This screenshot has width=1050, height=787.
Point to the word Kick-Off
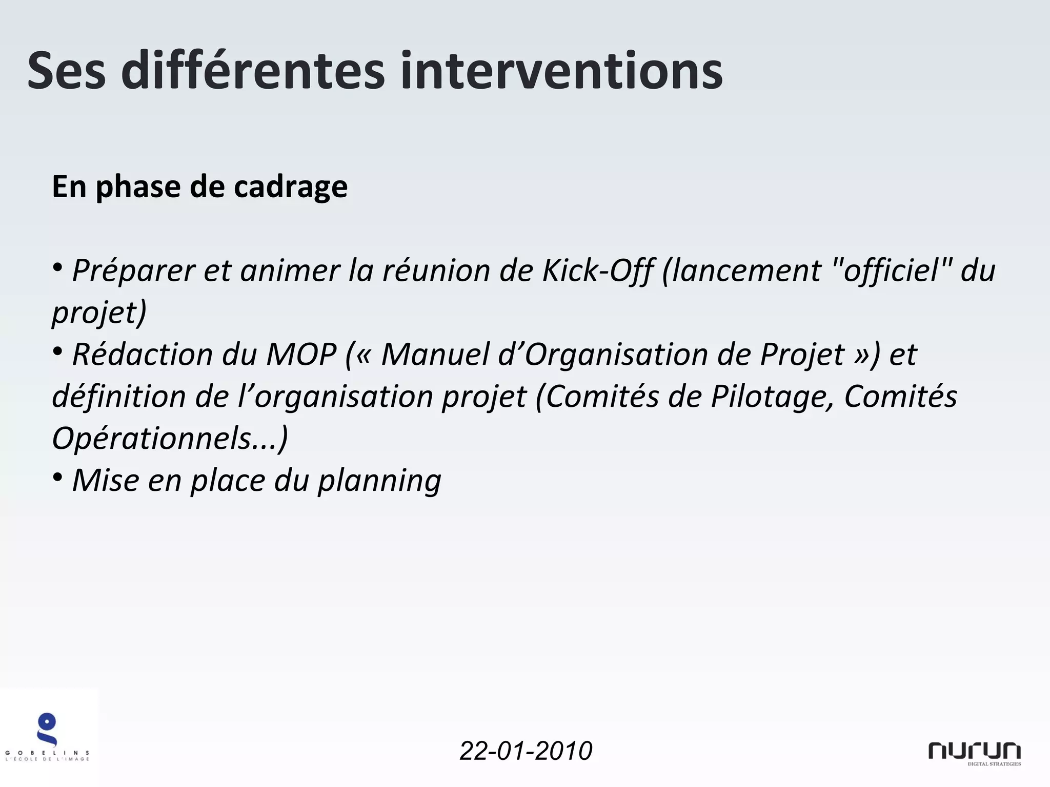pyautogui.click(x=598, y=270)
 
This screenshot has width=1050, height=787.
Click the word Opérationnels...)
pyautogui.click(x=170, y=438)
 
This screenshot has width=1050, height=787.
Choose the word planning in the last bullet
pyautogui.click(x=379, y=481)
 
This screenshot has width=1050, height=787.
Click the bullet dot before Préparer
pyautogui.click(x=58, y=267)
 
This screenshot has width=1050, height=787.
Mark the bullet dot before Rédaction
pyautogui.click(x=58, y=351)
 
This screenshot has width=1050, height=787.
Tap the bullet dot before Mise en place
pyautogui.click(x=58, y=478)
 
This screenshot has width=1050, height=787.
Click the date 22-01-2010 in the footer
pyautogui.click(x=526, y=751)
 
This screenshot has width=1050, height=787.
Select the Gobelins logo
pyautogui.click(x=48, y=737)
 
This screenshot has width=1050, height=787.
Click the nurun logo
pyautogui.click(x=974, y=752)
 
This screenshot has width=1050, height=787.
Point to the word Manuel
pyautogui.click(x=435, y=354)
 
